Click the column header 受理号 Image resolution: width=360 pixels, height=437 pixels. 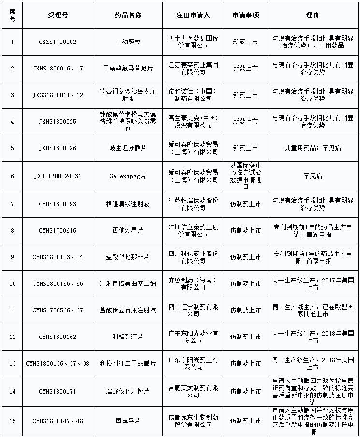point(58,15)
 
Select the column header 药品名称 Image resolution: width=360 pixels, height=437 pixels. point(127,15)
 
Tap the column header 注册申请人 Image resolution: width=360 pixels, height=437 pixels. point(193,15)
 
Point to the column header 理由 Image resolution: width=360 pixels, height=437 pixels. point(312,15)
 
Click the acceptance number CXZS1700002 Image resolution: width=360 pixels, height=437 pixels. point(58,42)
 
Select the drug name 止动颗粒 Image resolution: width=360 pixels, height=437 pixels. point(127,42)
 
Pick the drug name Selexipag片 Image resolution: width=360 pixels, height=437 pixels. point(127,176)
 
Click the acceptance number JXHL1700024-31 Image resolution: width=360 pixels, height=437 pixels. point(58,176)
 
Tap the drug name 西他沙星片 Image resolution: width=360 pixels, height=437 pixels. point(127,231)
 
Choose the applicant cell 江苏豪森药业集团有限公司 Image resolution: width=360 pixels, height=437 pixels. point(193,69)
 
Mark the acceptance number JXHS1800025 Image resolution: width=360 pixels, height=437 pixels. point(58,122)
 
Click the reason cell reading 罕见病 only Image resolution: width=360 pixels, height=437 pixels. point(312,176)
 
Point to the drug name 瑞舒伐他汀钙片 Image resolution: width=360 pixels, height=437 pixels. point(127,392)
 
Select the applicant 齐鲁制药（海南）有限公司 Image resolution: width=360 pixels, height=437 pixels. point(193,284)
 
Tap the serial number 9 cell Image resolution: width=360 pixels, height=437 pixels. point(13,257)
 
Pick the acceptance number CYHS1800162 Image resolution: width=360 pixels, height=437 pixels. point(58,337)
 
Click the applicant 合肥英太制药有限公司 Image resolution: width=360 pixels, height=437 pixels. point(193,392)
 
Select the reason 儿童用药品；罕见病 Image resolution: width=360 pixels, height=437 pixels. point(312,148)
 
